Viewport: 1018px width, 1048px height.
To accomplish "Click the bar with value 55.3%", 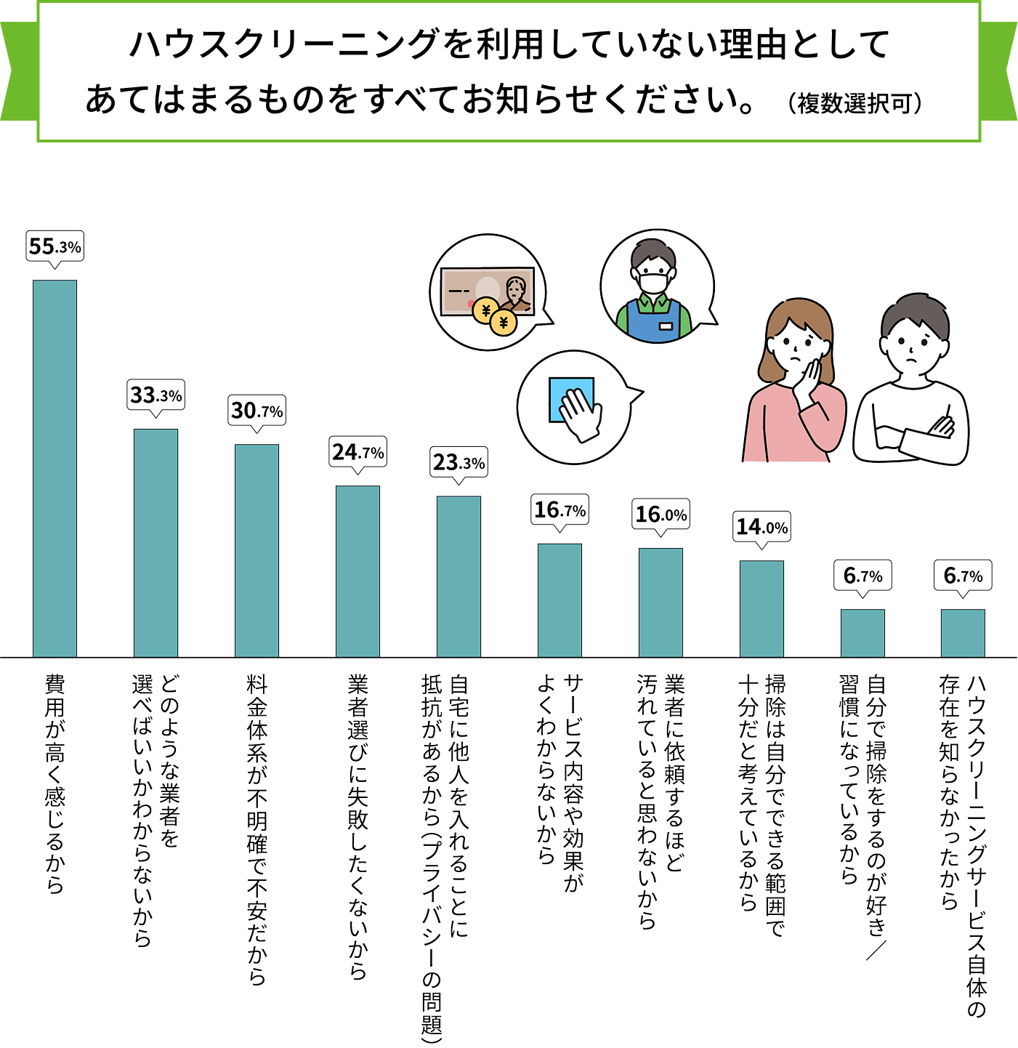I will click(x=54, y=469).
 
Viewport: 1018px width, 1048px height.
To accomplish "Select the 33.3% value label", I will click(x=156, y=395).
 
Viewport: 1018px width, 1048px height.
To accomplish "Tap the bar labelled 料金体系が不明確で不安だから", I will click(x=256, y=550).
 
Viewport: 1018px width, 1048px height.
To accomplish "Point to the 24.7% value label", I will click(x=357, y=453).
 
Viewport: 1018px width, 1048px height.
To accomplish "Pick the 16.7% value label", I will click(x=560, y=510).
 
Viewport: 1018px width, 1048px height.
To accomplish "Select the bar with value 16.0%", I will click(x=661, y=602).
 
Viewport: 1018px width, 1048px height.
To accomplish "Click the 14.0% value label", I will click(x=762, y=527).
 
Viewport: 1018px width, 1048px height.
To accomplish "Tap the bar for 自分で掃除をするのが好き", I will click(x=863, y=633).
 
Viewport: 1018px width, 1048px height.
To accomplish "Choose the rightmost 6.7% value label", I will click(x=963, y=576).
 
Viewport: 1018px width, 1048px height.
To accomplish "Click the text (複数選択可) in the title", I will click(x=855, y=104).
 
